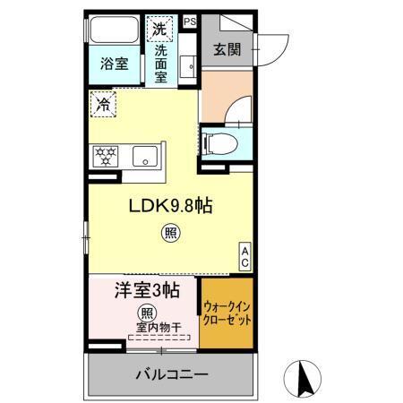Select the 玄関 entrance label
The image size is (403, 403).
point(226,48)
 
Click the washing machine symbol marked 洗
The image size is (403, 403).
point(159,28)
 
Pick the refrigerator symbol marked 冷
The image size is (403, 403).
point(103,105)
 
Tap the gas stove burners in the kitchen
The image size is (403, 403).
point(106,157)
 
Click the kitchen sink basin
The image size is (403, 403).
point(144,157)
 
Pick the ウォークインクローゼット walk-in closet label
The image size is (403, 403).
point(227,313)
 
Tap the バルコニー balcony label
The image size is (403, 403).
point(173,373)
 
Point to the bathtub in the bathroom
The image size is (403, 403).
point(114,30)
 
